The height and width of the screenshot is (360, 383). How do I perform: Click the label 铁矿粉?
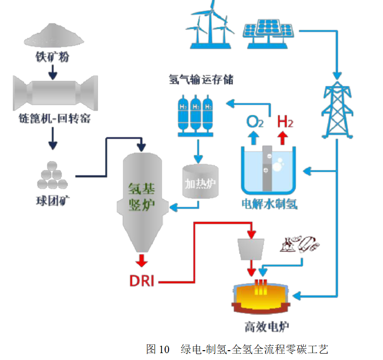tap(52, 57)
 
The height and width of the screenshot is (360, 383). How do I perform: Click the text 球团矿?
tap(50, 201)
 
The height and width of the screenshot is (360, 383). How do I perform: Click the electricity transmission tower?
tap(337, 111)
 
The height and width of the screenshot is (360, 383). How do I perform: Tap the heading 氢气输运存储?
tap(201, 79)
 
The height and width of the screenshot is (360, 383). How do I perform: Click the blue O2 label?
tap(254, 121)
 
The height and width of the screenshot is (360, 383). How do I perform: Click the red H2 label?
tap(285, 121)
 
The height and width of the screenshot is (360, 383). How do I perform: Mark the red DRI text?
tap(141, 281)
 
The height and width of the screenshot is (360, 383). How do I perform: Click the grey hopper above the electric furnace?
tap(252, 248)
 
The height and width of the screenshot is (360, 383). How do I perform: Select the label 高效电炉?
tap(266, 327)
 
